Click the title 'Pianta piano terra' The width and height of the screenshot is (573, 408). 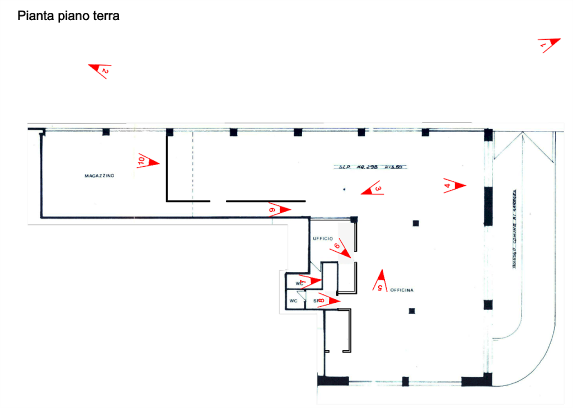click(x=68, y=16)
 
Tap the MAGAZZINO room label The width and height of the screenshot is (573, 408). click(x=99, y=176)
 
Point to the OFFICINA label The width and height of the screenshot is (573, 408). click(x=402, y=290)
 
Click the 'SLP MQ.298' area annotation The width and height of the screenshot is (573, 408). click(x=371, y=166)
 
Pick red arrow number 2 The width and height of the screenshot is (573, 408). click(x=101, y=71)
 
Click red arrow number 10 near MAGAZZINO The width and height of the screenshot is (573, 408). click(x=148, y=162)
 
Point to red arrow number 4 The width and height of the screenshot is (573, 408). click(x=454, y=185)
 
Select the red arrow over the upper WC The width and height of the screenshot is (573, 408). click(x=309, y=280)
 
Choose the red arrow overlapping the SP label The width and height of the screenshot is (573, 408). click(x=328, y=301)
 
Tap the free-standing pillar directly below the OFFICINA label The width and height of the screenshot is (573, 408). click(x=412, y=310)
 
